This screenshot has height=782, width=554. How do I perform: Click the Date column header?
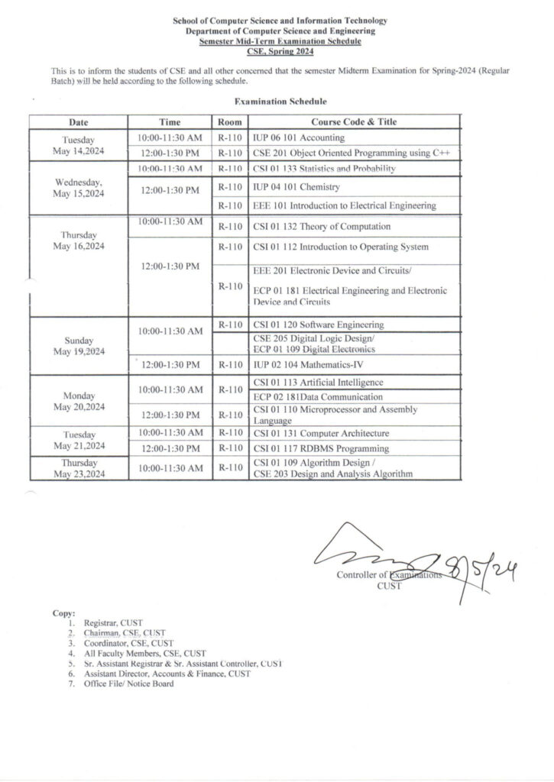point(79,122)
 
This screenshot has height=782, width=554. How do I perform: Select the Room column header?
point(229,122)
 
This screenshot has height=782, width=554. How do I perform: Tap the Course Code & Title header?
point(354,122)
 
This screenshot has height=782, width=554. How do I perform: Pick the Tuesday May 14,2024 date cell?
point(79,145)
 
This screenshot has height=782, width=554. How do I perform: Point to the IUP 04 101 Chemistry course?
point(296,187)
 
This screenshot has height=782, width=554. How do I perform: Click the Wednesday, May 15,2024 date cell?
point(79,188)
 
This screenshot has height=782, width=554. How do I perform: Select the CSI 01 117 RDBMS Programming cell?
point(321,448)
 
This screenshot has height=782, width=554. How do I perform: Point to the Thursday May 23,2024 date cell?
point(79,468)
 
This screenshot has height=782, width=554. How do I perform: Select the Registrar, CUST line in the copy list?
point(114,623)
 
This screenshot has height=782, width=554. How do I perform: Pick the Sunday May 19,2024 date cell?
point(79,345)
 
